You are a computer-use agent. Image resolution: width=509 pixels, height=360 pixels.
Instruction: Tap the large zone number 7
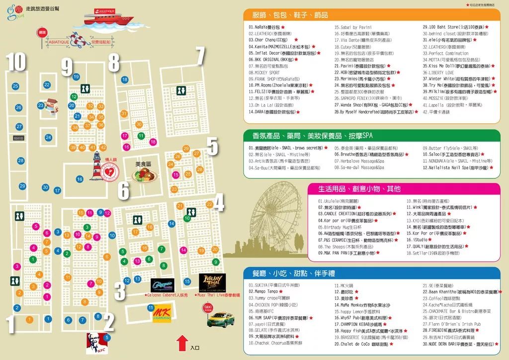coord(200,56)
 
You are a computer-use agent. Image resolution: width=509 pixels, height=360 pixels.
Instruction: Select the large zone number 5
coord(212,147)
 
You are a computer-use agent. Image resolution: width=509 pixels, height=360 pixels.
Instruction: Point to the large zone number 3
coord(120,291)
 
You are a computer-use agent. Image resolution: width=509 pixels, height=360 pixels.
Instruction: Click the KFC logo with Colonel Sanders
coord(96,342)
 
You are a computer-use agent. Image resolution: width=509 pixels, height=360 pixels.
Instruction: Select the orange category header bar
coord(370,15)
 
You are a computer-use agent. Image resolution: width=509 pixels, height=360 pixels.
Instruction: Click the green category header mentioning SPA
coord(370,136)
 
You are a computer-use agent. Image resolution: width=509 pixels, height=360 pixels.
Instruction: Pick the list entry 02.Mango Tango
coord(263,291)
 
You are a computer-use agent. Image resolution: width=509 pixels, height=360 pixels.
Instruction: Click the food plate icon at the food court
coord(144,174)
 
